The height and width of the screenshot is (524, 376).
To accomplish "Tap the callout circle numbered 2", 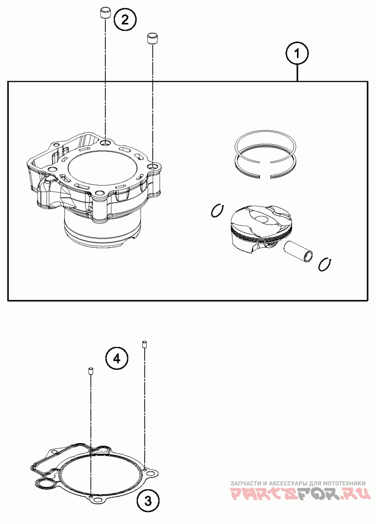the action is click(125, 20).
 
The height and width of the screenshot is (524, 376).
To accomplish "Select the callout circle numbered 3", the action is click(148, 501).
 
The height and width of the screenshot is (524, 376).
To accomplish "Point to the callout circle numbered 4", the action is click(117, 359).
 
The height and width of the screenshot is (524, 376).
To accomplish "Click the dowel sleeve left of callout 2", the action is click(105, 13).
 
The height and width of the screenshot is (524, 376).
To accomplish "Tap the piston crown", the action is click(261, 219).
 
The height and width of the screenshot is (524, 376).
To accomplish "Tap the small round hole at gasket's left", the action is click(45, 484).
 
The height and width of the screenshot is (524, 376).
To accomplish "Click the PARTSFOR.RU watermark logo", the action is click(300, 494).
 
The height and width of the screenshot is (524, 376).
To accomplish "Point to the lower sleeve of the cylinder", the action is click(101, 230).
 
